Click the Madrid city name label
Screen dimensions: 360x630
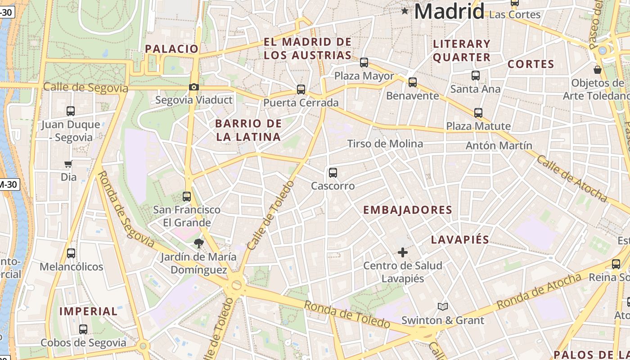449,11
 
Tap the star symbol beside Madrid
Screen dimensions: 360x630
405,11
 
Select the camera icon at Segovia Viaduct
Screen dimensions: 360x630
194,87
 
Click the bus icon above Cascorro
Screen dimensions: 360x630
333,172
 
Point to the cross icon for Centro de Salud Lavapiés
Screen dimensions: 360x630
403,252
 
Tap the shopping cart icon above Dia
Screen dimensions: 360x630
68,164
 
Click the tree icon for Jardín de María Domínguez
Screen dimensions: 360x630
198,244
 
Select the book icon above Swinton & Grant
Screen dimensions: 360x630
443,307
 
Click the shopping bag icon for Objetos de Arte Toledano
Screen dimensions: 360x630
598,70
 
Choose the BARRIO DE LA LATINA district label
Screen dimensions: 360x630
248,130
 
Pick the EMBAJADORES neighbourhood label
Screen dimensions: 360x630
408,210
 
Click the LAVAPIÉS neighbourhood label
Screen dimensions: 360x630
460,240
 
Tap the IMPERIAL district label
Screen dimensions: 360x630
88,311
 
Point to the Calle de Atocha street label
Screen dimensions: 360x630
571,179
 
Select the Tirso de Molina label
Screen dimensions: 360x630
385,144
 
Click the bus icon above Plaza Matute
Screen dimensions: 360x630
478,113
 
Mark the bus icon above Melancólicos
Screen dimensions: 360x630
71,253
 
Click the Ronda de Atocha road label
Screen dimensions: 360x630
539,292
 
